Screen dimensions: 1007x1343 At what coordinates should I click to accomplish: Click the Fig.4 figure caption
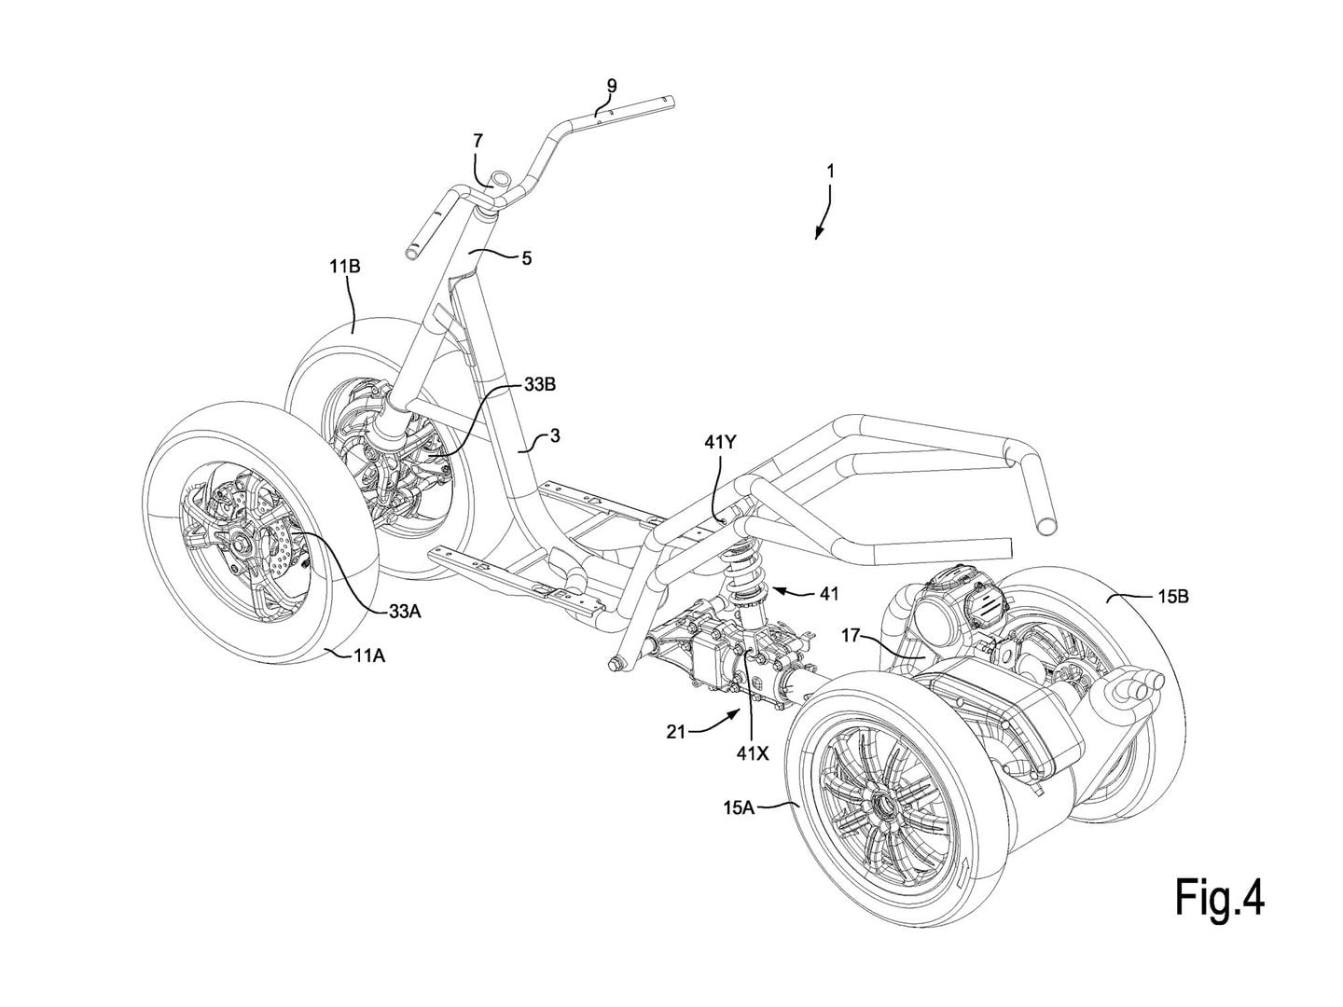pos(1219,901)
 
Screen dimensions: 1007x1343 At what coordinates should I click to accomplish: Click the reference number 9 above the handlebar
pos(612,86)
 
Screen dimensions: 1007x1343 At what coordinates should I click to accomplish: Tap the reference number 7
pos(478,141)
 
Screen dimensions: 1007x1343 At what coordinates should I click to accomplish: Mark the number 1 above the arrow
pos(830,172)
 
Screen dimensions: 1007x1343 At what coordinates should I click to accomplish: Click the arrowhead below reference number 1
pos(817,237)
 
